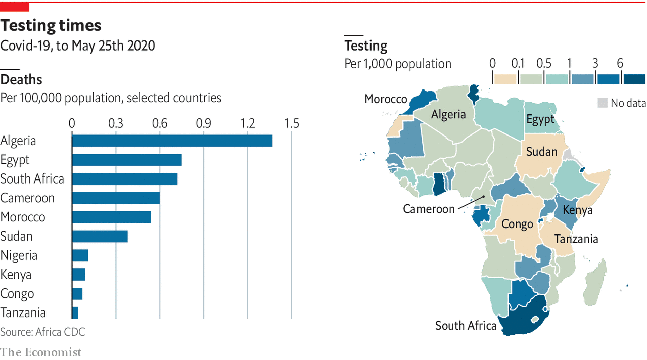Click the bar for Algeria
(172, 141)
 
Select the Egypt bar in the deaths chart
(126, 160)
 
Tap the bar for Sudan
(100, 236)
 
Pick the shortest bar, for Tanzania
(75, 313)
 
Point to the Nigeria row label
(19, 255)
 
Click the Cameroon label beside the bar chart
(27, 198)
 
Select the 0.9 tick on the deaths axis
(204, 123)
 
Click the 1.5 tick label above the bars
(291, 123)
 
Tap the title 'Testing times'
(51, 25)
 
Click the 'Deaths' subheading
(21, 80)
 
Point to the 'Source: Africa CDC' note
(42, 332)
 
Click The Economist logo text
(40, 352)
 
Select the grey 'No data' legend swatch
(602, 103)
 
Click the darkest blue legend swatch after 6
(634, 79)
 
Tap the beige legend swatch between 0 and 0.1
(505, 79)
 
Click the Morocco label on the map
(386, 99)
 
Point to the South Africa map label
(466, 326)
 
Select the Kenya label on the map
(577, 210)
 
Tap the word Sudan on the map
(541, 152)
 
